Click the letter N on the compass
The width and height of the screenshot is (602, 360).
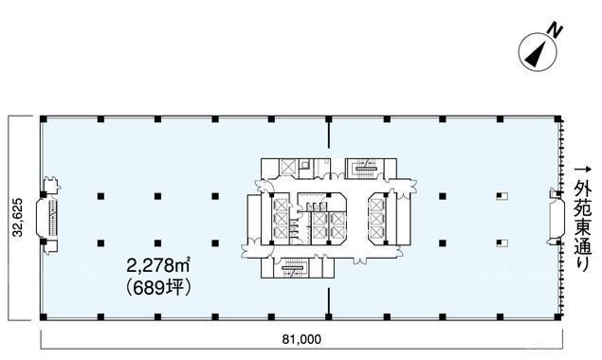click(x=555, y=30)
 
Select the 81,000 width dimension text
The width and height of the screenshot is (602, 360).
click(x=301, y=339)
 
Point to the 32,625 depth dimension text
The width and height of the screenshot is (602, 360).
click(x=18, y=218)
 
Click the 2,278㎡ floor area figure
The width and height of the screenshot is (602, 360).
click(x=158, y=266)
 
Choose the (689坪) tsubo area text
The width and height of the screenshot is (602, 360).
click(x=158, y=288)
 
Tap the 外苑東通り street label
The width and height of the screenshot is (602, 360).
click(x=582, y=226)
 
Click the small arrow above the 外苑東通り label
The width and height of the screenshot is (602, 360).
click(x=582, y=169)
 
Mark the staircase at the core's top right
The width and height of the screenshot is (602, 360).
click(x=364, y=169)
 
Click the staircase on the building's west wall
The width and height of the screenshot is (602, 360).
click(x=52, y=218)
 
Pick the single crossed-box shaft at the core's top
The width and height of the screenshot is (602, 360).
click(x=287, y=167)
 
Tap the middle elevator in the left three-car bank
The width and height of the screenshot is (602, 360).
click(x=279, y=218)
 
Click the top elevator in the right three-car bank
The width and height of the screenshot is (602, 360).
click(x=376, y=205)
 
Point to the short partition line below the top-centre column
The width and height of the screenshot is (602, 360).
click(x=329, y=135)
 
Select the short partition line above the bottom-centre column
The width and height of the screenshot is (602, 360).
click(x=329, y=300)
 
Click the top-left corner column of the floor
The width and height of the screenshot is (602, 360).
click(x=44, y=119)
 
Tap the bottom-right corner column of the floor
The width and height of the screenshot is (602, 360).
click(x=557, y=317)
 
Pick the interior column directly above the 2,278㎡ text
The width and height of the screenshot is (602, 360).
click(x=157, y=243)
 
